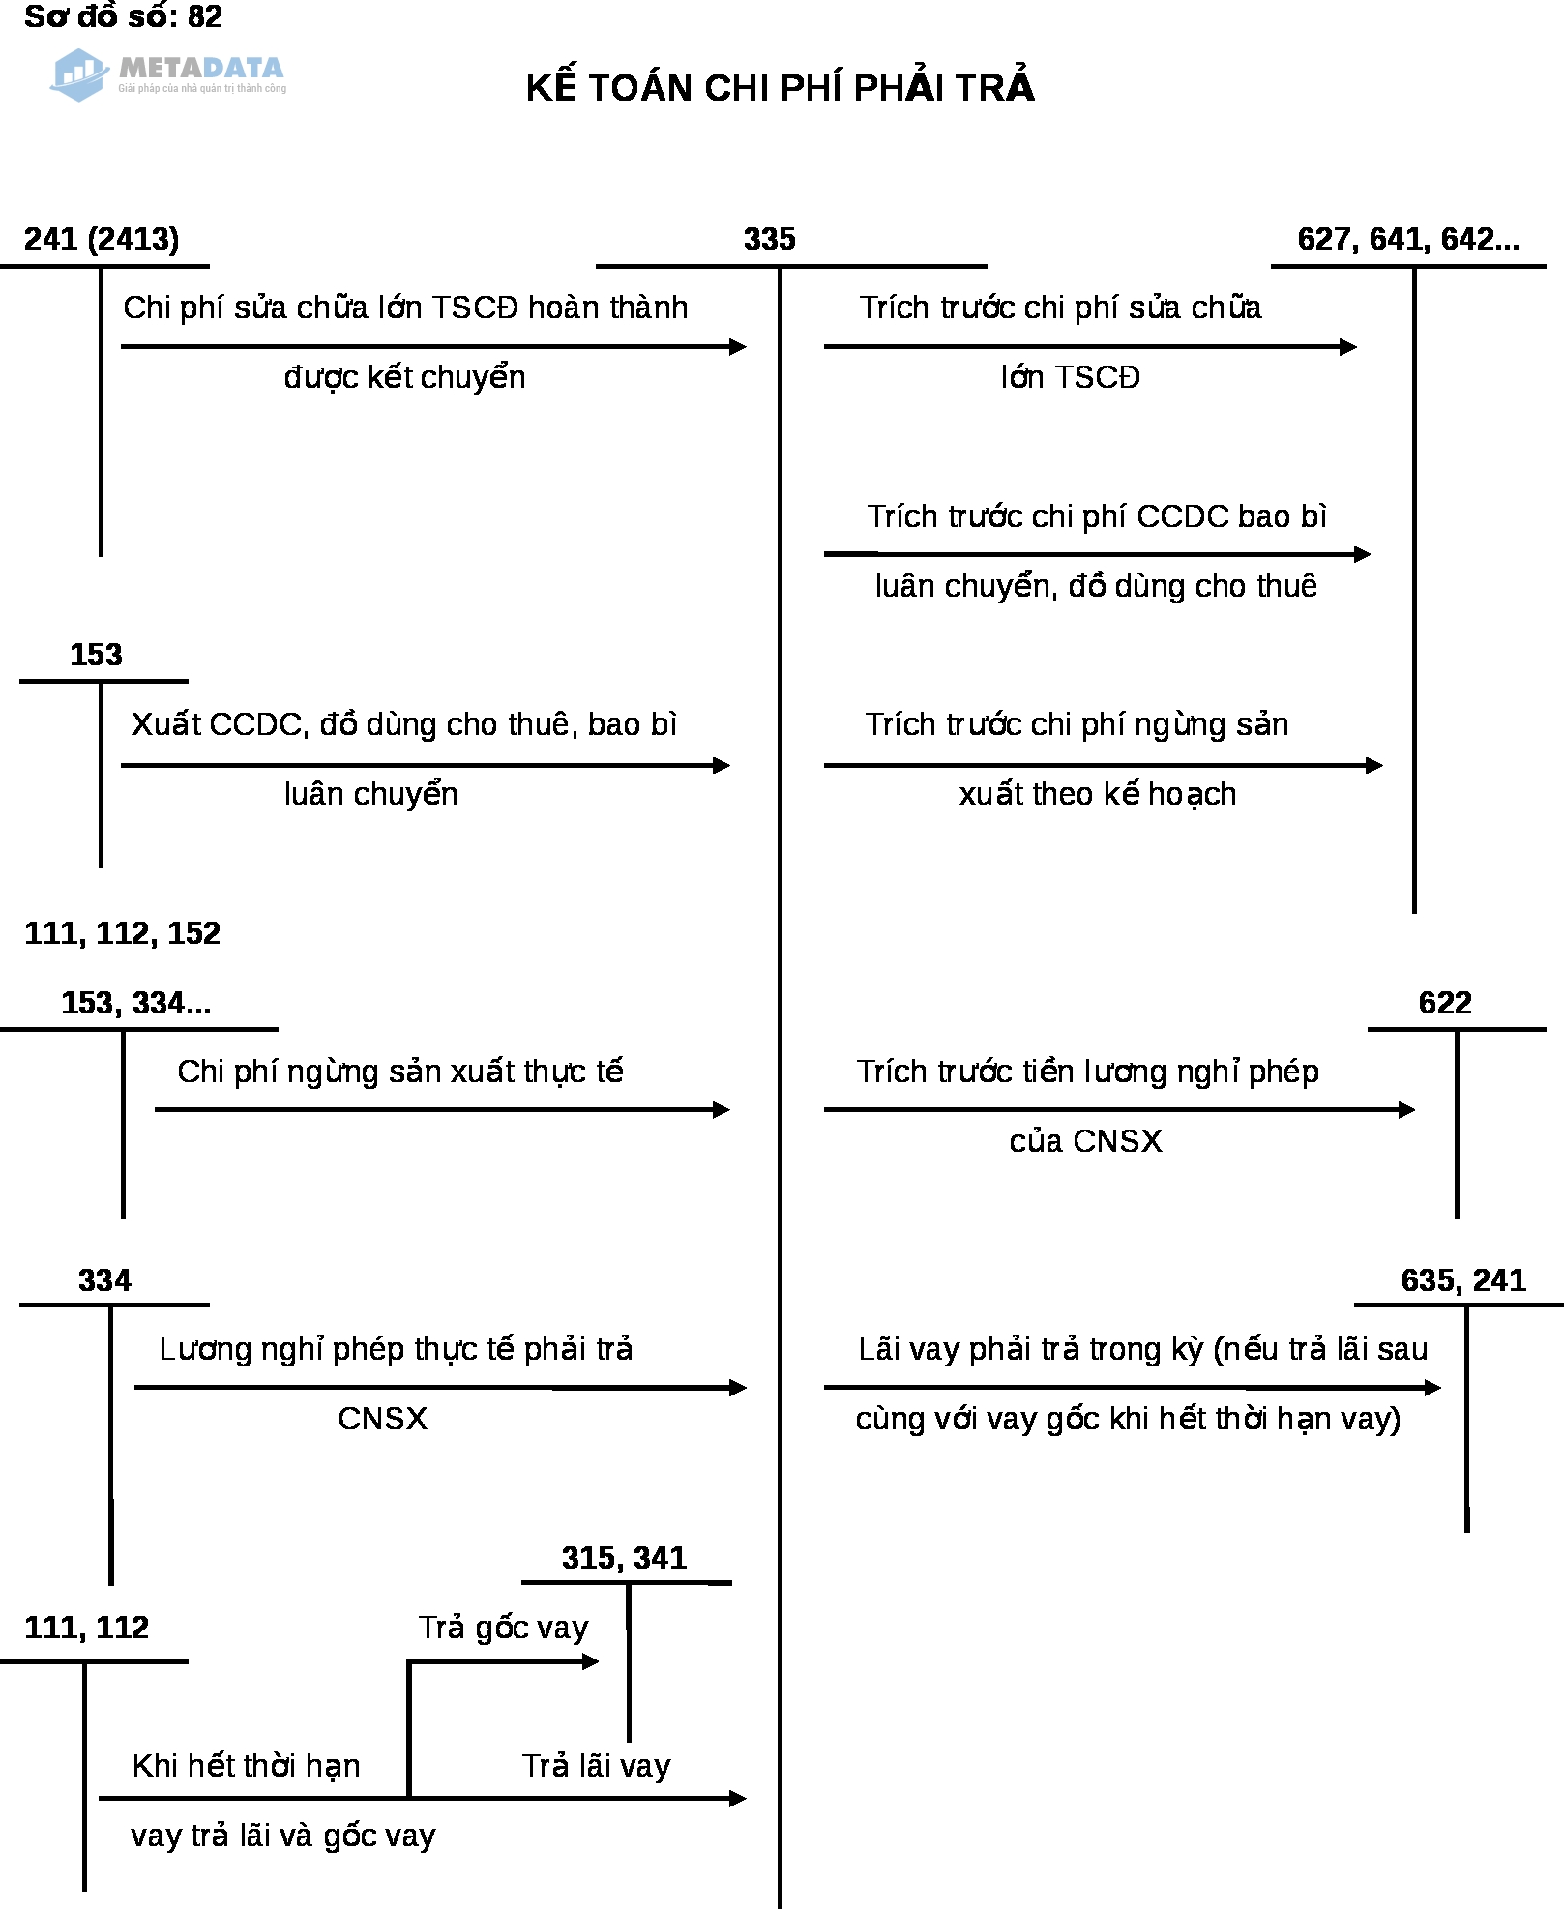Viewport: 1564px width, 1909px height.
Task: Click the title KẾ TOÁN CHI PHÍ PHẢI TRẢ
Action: [x=780, y=88]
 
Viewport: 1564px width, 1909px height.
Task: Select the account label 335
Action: [x=769, y=239]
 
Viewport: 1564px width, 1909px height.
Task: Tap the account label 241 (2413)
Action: [x=102, y=239]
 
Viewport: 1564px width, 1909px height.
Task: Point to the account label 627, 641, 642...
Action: [x=1407, y=239]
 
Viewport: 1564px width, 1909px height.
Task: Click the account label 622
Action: [x=1445, y=1003]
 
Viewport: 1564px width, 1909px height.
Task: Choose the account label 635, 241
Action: [x=1463, y=1280]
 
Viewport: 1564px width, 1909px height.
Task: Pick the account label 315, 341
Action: [x=624, y=1558]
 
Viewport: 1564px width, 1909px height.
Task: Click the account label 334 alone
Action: [x=104, y=1280]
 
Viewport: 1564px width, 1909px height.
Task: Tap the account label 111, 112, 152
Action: [x=122, y=933]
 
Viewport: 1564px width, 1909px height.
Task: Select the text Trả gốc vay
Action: [x=503, y=1628]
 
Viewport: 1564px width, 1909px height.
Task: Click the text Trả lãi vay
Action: [x=596, y=1766]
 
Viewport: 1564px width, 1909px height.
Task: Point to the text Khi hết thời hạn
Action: [x=246, y=1766]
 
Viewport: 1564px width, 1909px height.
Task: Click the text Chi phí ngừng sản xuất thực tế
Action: [x=399, y=1072]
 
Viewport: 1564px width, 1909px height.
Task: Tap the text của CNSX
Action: [x=1085, y=1141]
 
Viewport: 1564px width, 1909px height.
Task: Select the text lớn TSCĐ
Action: [x=1070, y=377]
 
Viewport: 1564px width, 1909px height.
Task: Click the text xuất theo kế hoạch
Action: [x=1097, y=794]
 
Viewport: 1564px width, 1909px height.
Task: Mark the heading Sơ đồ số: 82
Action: [x=123, y=16]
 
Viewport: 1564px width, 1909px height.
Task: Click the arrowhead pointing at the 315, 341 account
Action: [x=591, y=1661]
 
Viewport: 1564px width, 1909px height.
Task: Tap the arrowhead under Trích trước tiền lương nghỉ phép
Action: [x=1407, y=1109]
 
